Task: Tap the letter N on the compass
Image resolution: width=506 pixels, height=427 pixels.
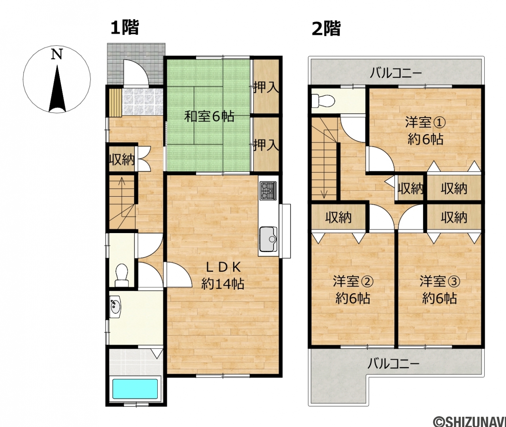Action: [x=57, y=54]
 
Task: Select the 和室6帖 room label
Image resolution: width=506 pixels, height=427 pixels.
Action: [x=209, y=116]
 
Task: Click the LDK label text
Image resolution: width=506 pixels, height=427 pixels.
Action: [x=223, y=268]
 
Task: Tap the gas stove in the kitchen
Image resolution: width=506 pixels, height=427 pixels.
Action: [x=268, y=191]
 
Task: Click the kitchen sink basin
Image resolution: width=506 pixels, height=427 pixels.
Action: [x=268, y=239]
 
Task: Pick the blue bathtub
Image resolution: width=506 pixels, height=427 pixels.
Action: [x=135, y=392]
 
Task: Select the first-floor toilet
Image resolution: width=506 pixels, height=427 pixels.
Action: [x=122, y=275]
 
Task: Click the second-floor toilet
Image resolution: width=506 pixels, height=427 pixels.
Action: [x=323, y=101]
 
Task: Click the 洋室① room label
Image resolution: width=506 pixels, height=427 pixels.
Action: [x=425, y=123]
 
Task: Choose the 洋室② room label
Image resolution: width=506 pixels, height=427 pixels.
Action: [x=353, y=281]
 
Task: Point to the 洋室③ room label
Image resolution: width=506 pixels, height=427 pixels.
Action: [x=440, y=281]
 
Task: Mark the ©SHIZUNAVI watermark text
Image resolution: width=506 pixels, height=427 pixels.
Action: [x=469, y=421]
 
